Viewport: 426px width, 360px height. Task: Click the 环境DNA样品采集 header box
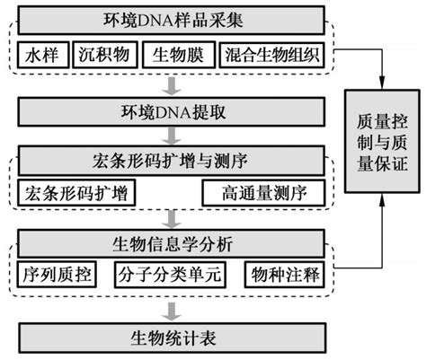169,19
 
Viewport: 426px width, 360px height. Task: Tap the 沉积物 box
104,55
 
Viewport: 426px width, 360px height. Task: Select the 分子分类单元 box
168,274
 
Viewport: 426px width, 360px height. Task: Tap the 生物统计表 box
169,339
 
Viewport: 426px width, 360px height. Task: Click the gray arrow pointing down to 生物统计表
169,309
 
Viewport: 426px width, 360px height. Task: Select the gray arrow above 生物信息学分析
169,217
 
